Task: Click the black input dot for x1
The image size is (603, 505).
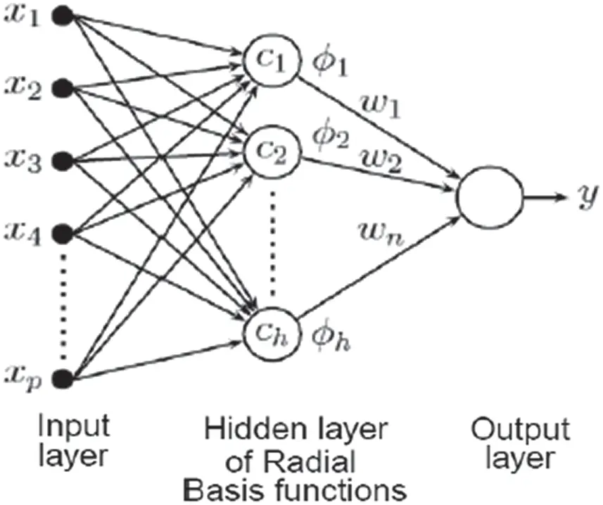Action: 63,16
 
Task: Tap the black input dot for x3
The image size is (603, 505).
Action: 63,161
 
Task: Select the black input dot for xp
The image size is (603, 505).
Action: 63,378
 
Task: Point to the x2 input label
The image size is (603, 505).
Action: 23,89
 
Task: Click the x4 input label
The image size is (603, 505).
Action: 23,233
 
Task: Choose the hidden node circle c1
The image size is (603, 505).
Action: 271,61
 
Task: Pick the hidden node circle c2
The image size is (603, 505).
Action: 272,152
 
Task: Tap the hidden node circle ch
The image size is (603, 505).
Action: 272,333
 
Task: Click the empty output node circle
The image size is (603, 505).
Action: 490,197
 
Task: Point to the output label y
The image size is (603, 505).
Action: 589,197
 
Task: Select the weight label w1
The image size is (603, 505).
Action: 381,105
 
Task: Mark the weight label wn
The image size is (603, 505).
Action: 382,233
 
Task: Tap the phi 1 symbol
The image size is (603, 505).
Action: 329,63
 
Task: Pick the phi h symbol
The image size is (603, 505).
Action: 331,337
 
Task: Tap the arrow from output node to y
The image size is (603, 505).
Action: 545,197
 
